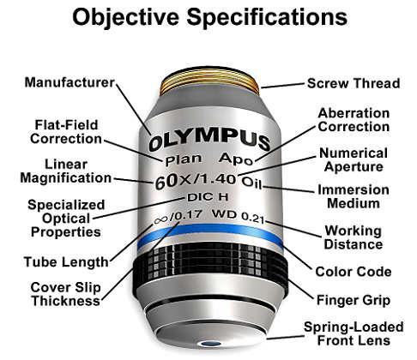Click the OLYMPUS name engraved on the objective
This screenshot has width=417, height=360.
point(209,141)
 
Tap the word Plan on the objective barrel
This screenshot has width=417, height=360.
point(184,159)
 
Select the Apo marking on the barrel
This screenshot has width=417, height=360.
point(236,159)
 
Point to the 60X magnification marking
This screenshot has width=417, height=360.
point(173,181)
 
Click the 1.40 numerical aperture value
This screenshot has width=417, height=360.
point(218,179)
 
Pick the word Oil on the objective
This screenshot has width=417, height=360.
point(252,183)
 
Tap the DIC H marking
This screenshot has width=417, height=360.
point(208,197)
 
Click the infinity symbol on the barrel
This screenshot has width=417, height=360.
point(160,219)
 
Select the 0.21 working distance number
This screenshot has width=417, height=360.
point(252,218)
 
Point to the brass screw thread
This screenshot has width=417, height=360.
point(209,83)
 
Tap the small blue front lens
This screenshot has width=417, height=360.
point(210,344)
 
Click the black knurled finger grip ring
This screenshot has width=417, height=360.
point(210,264)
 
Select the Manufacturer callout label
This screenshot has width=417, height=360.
point(69,82)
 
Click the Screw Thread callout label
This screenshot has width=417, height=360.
point(354,83)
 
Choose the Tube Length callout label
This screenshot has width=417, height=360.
point(66,262)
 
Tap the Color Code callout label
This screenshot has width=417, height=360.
point(353,272)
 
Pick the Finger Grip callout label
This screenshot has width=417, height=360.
point(354,300)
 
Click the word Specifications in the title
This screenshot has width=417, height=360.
point(267,17)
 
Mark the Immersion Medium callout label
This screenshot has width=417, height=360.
point(354,196)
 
